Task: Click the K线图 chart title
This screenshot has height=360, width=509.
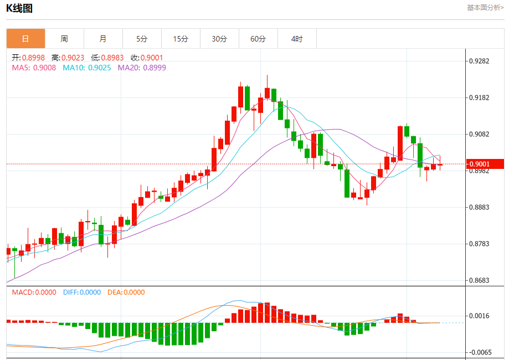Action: [x=20, y=8]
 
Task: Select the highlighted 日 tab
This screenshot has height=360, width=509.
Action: [x=25, y=39]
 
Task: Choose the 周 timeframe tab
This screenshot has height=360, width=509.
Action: [x=64, y=39]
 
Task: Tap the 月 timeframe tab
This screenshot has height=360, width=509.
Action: [x=103, y=39]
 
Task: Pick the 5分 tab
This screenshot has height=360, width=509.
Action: [x=142, y=39]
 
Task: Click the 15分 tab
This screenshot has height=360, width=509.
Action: [x=181, y=39]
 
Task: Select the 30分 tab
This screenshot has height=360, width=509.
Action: [x=219, y=39]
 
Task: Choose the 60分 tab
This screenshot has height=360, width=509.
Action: [x=258, y=39]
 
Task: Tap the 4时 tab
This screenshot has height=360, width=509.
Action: [x=297, y=39]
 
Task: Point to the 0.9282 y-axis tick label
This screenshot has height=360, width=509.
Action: [x=480, y=61]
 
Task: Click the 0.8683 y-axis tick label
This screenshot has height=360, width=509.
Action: [x=480, y=281]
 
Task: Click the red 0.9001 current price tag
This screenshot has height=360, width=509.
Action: [x=485, y=164]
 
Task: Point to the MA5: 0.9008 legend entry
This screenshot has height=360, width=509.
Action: [x=34, y=68]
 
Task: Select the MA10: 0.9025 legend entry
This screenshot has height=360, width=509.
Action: [x=86, y=68]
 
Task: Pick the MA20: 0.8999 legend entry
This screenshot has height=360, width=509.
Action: [x=141, y=68]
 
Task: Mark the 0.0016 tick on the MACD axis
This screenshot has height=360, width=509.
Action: [x=480, y=316]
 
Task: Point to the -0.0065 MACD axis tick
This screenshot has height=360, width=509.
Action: [x=479, y=352]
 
